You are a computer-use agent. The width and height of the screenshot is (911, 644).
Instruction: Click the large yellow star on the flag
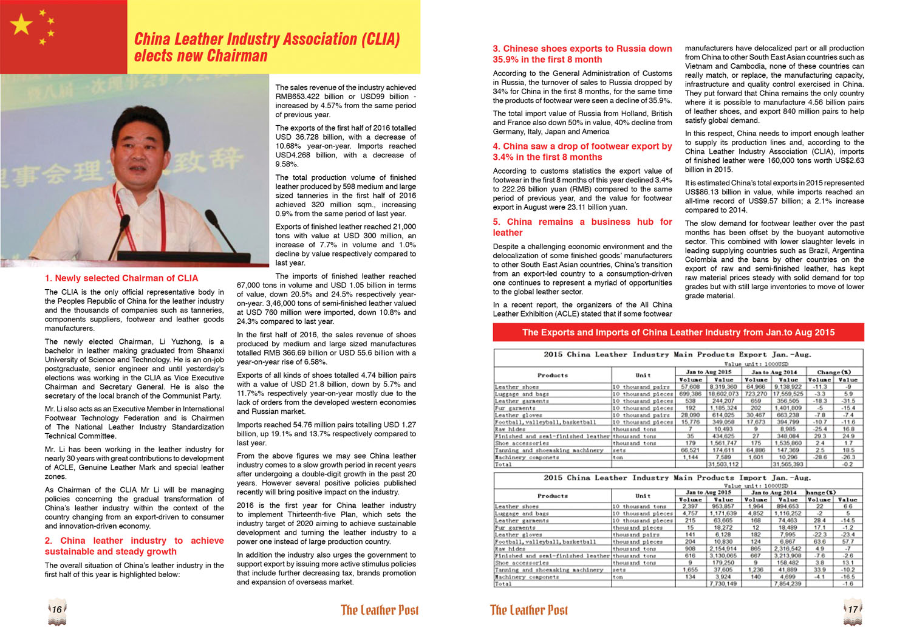tap(21, 25)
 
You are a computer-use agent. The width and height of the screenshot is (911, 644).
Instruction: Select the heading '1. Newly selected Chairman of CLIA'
tap(121, 278)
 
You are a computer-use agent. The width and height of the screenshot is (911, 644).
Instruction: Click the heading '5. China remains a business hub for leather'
tap(582, 227)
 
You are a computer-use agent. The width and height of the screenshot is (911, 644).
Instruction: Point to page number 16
tap(56, 609)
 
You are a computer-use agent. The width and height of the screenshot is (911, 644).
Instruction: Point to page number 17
tap(853, 609)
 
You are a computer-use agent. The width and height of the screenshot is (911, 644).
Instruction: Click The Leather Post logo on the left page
tap(380, 610)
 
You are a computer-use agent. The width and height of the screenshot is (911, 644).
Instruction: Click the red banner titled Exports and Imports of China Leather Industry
tap(678, 332)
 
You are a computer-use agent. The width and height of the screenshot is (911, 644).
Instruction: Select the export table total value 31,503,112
tap(723, 464)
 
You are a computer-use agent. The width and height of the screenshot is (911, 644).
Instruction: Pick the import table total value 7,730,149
tap(723, 584)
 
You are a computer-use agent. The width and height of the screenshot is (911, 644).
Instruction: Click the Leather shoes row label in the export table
tap(517, 387)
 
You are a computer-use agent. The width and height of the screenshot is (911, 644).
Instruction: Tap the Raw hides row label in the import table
tap(510, 549)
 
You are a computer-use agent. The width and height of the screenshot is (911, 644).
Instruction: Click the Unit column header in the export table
tap(643, 375)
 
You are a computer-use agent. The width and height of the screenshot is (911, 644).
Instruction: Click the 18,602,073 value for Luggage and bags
tap(723, 394)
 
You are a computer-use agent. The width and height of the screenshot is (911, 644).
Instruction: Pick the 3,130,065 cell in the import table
tap(723, 556)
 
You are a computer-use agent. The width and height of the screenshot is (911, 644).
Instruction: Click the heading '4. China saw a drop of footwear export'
tap(582, 151)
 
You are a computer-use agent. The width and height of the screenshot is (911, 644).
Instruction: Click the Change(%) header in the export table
tap(834, 372)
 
